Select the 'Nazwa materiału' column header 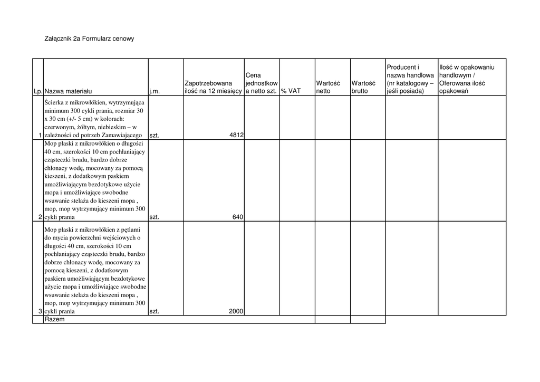click(68, 91)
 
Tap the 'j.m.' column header click(154, 91)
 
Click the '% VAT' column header click(291, 91)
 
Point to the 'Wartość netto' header click(328, 87)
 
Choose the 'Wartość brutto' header click(363, 87)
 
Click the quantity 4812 click(236, 135)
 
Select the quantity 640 click(238, 217)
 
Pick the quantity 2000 click(236, 311)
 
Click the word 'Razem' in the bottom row click(54, 319)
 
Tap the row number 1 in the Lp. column click(40, 135)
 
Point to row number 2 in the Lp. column click(40, 217)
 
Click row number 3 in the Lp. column click(40, 311)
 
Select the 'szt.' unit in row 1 click(154, 135)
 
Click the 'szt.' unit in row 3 click(154, 311)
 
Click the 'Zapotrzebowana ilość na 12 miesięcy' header click(213, 87)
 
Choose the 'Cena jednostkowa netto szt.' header click(262, 83)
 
